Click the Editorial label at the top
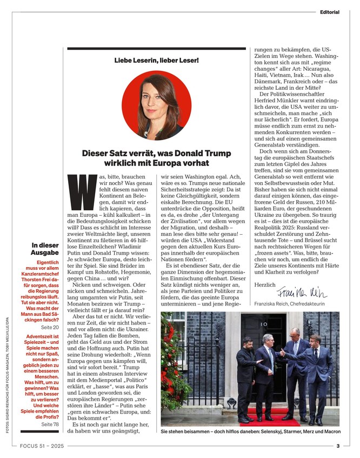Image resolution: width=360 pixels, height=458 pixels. [329, 12]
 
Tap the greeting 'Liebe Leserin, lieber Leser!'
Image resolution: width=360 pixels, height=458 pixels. [157, 60]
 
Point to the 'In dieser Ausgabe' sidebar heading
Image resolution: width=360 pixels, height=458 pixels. [45, 249]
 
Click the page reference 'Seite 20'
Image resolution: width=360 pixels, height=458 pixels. [50, 327]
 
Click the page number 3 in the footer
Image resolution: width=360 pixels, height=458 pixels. [337, 446]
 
